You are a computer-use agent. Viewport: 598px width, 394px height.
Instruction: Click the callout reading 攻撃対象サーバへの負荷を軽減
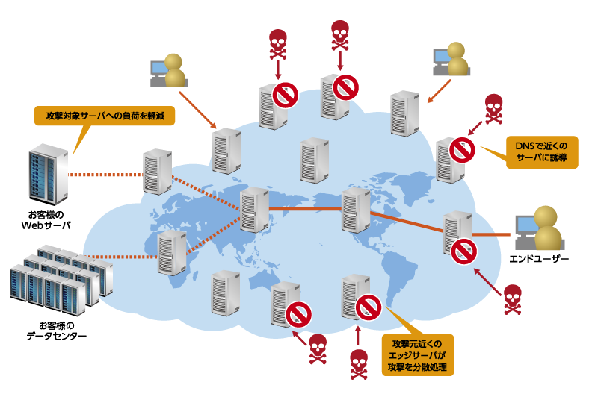tap(105, 116)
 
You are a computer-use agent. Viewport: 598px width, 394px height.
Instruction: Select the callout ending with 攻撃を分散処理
tap(417, 354)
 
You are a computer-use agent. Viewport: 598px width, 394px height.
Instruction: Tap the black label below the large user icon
tap(539, 259)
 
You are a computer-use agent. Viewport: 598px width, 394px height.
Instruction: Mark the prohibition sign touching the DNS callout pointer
tap(462, 150)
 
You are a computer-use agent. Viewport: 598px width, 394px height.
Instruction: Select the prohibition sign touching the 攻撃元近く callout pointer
tap(369, 307)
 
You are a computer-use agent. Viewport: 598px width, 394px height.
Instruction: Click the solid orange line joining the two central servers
tap(305, 209)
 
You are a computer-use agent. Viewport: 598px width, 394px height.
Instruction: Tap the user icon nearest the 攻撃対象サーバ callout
tap(170, 71)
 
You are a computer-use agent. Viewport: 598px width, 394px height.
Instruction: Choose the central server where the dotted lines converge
tap(254, 210)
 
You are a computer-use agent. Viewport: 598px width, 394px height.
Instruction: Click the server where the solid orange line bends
tap(356, 210)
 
